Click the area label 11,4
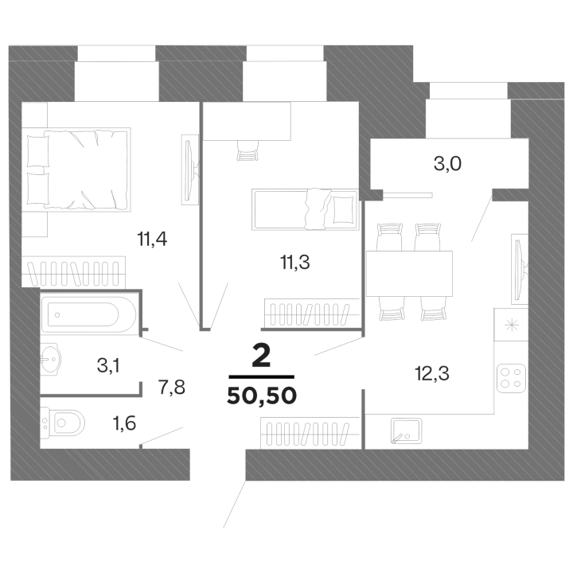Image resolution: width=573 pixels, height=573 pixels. coord(152,240)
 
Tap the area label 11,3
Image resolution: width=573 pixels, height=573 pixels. coord(295,263)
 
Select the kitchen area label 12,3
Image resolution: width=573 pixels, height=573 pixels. coord(432,373)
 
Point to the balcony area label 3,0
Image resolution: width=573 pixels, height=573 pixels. coord(447,164)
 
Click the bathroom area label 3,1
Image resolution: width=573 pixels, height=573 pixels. coord(108,365)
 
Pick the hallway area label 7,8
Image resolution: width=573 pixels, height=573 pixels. coord(172,387)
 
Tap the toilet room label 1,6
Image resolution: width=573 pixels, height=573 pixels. coord(124,423)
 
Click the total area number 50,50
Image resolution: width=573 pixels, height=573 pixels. coord(262,396)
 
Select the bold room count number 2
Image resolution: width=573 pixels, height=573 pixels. coord(261,357)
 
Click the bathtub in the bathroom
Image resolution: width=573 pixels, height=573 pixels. coord(88,314)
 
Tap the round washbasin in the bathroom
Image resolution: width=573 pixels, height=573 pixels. coord(50,359)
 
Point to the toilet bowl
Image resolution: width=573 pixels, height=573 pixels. coord(63,423)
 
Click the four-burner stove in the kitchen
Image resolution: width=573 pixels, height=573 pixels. coord(511,378)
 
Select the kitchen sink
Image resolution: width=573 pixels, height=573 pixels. coord(406,431)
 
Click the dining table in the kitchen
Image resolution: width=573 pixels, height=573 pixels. coord(409,273)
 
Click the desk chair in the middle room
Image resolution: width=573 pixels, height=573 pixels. coord(248,151)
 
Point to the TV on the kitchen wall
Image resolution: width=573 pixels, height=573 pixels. coord(520,269)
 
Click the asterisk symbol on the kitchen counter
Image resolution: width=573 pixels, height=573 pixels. coord(511,325)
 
